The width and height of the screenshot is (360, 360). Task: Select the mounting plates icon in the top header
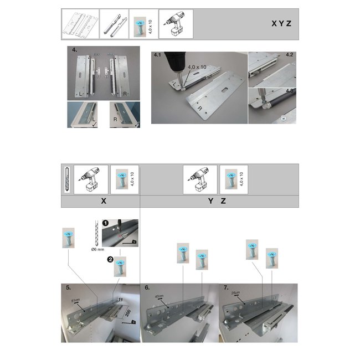click(80, 24)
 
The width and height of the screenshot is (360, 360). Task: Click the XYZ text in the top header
click(281, 24)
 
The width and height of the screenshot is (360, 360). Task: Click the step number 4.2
click(290, 56)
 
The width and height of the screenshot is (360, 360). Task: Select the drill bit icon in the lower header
click(66, 179)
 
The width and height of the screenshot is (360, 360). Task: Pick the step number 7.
click(225, 288)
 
